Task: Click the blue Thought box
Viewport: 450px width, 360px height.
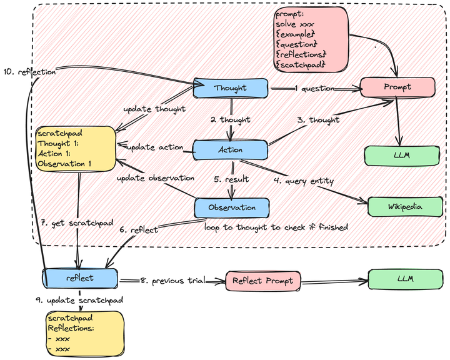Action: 231,88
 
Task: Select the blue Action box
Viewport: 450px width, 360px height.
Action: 230,149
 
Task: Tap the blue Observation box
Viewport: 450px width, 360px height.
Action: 232,207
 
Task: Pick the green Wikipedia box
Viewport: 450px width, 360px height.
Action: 404,205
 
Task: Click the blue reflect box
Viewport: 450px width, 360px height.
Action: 80,277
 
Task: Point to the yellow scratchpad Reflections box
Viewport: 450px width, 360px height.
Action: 84,332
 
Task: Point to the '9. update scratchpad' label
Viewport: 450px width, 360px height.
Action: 79,301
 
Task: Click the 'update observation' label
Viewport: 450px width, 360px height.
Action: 156,177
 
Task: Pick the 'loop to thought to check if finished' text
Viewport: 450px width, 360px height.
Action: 275,227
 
